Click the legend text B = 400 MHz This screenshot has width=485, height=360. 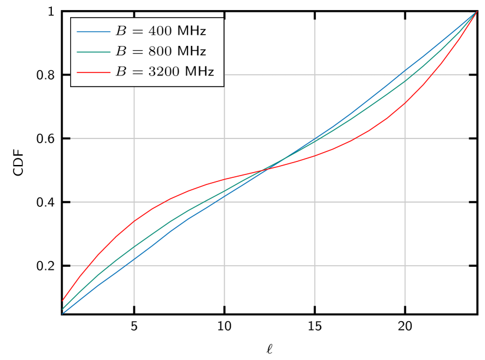[x=160, y=31]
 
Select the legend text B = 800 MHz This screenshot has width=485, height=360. [x=160, y=52]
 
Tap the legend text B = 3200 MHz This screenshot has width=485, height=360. [x=164, y=72]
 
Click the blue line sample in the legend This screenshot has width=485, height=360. [x=93, y=31]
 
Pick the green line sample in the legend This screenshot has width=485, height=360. [x=93, y=52]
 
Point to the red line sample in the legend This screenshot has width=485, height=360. [x=93, y=72]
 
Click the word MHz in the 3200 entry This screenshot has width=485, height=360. [x=200, y=72]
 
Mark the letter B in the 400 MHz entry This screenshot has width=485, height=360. [x=121, y=31]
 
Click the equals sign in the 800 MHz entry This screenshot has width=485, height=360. [x=137, y=52]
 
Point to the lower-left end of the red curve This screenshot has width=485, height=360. [x=62, y=301]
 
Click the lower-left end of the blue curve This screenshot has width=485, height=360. [x=62, y=313]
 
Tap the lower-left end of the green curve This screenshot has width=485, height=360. [x=62, y=309]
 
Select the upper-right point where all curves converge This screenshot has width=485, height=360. [x=476, y=11]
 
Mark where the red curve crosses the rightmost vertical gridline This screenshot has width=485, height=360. [x=405, y=103]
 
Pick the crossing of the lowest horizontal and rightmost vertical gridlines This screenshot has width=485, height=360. [x=405, y=266]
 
